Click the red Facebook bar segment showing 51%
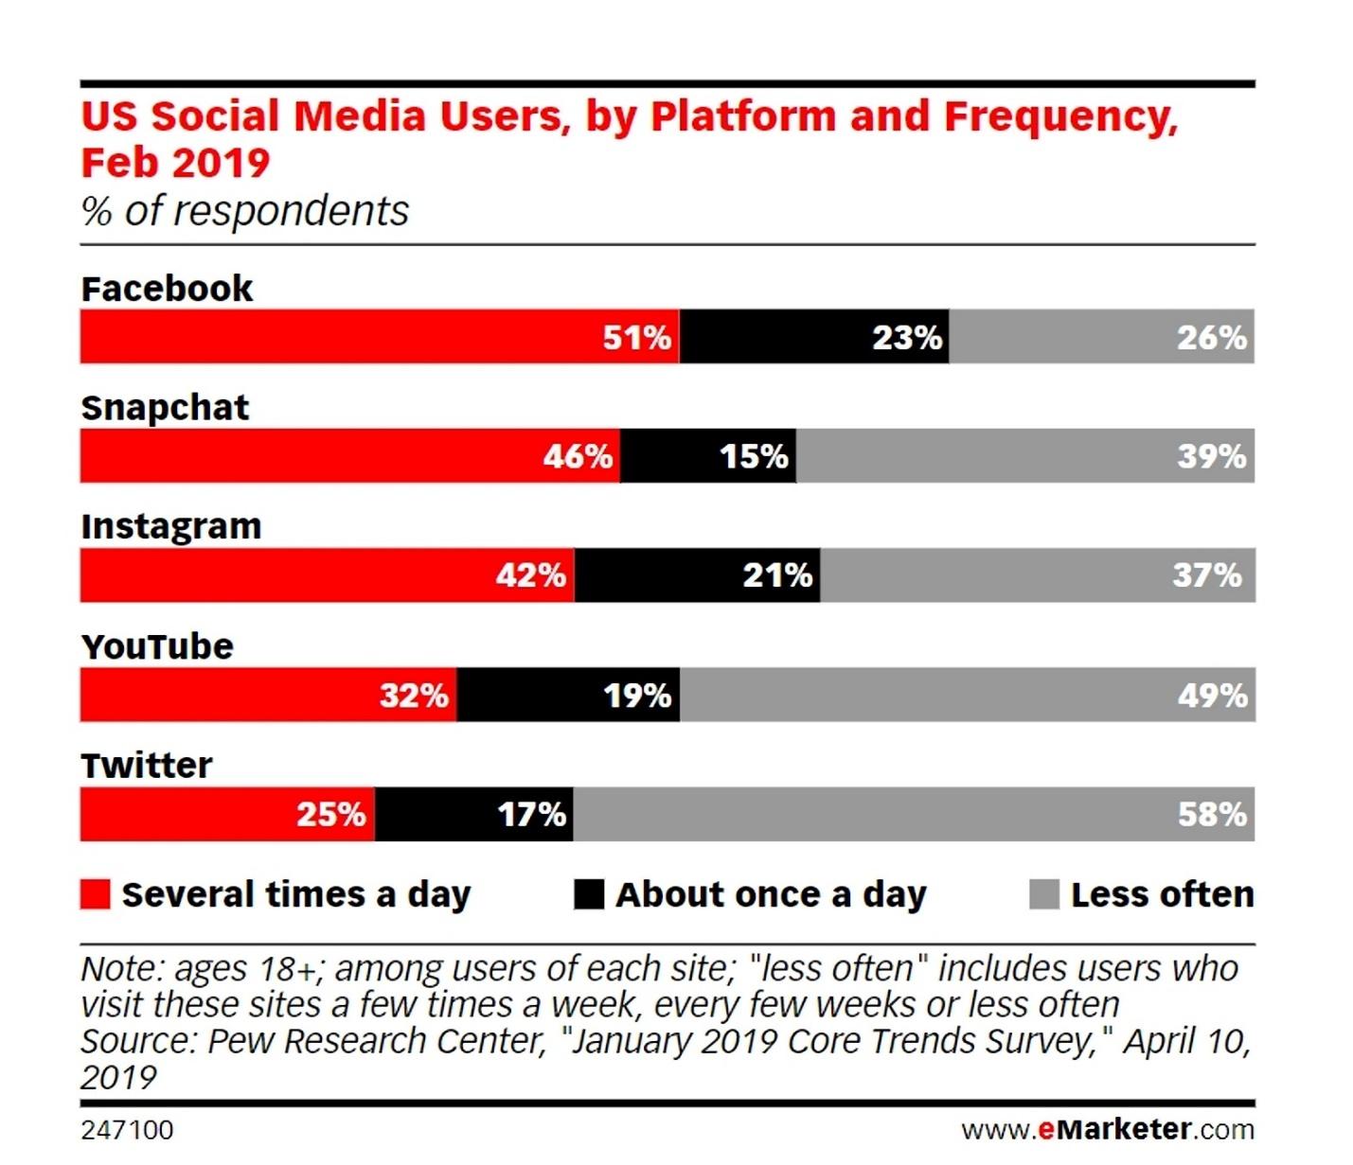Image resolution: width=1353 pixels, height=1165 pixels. pyautogui.click(x=379, y=336)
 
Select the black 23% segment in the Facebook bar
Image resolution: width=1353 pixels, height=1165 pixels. pyautogui.click(x=814, y=336)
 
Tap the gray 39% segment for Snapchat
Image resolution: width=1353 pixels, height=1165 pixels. pyautogui.click(x=1024, y=455)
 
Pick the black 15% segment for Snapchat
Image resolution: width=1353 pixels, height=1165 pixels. pyautogui.click(x=707, y=455)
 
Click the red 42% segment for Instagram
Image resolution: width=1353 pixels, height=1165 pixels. pyautogui.click(x=327, y=574)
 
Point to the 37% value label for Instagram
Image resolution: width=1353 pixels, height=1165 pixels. pyautogui.click(x=1206, y=574)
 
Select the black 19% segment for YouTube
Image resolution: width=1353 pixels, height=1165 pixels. pyautogui.click(x=568, y=695)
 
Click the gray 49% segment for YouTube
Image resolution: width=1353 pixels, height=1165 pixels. pyautogui.click(x=967, y=695)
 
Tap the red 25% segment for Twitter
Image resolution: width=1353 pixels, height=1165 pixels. pyautogui.click(x=227, y=814)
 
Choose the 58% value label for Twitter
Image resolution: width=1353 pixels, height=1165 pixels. pyautogui.click(x=1212, y=814)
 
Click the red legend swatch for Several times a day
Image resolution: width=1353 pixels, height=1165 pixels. pyautogui.click(x=95, y=894)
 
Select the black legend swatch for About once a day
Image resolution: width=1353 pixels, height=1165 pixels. pyautogui.click(x=589, y=894)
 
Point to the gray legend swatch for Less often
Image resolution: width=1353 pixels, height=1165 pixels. pyautogui.click(x=1043, y=894)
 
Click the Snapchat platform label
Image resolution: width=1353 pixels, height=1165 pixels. pyautogui.click(x=165, y=408)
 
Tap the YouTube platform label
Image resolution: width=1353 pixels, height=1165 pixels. pyautogui.click(x=157, y=646)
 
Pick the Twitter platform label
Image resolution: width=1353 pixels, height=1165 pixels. pyautogui.click(x=147, y=765)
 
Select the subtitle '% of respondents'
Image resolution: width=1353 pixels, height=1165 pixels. pyautogui.click(x=245, y=210)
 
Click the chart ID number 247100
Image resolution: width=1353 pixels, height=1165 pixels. pyautogui.click(x=127, y=1130)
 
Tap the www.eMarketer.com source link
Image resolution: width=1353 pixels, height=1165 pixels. pyautogui.click(x=1107, y=1129)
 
